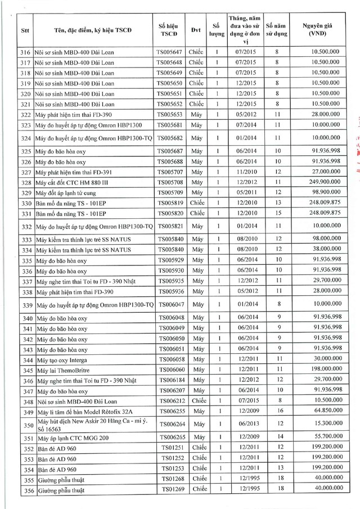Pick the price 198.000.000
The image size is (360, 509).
click(321, 369)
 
